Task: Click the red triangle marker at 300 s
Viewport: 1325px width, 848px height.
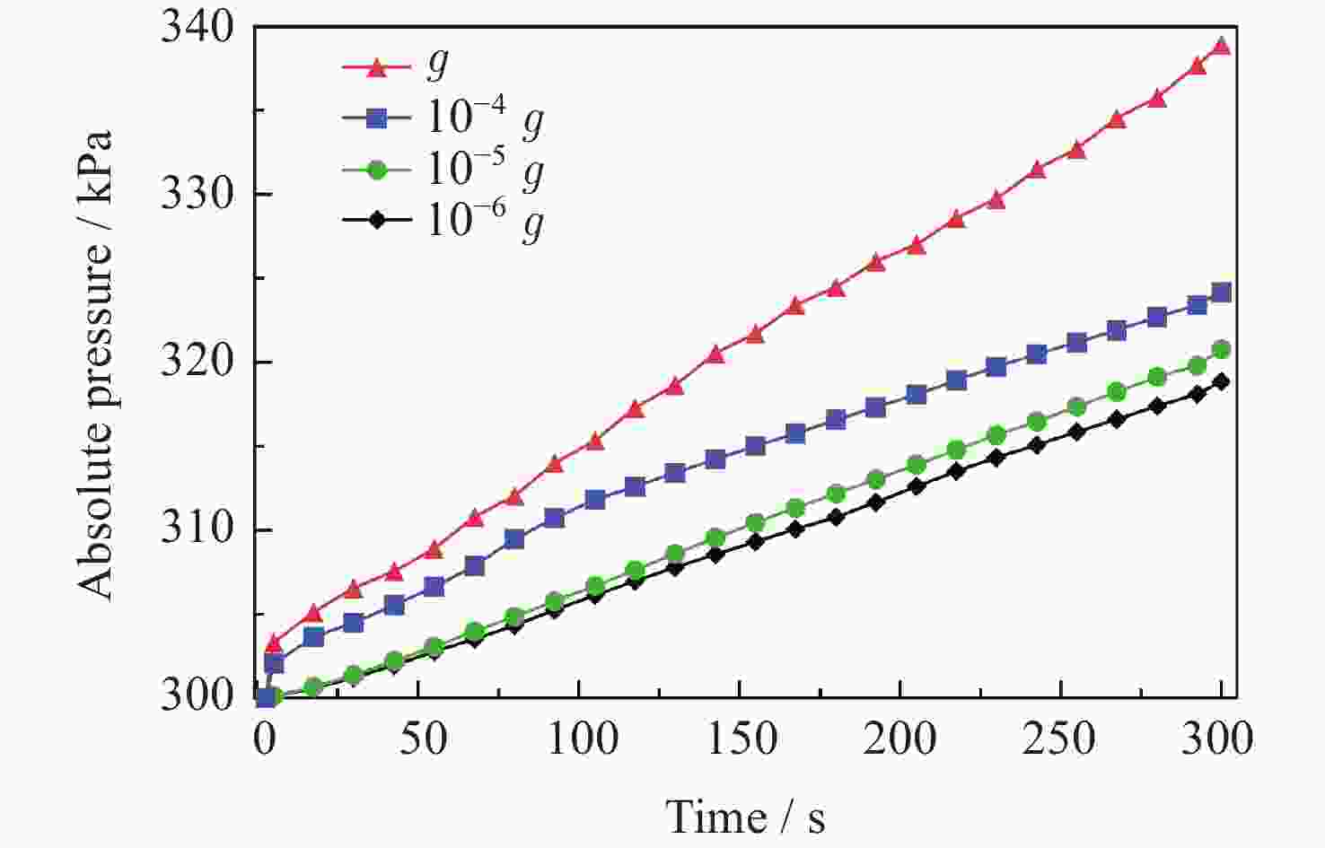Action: (1221, 46)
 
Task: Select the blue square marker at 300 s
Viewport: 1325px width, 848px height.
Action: (1221, 293)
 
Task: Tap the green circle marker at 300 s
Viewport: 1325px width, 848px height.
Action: (1221, 349)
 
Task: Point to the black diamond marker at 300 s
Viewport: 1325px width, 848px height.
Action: (1221, 381)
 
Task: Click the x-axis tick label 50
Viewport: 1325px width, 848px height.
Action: (422, 739)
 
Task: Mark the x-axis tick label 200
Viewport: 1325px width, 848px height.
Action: (899, 739)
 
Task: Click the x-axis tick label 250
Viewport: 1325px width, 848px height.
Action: (1059, 739)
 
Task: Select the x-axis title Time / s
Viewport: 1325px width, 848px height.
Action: (745, 817)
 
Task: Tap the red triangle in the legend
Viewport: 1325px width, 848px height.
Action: (377, 66)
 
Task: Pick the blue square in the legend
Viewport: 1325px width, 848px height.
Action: (377, 118)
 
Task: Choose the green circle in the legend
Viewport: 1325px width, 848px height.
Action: (377, 169)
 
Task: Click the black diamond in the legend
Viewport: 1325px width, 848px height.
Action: (377, 220)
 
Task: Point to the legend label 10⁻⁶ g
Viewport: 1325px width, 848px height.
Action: (485, 220)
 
